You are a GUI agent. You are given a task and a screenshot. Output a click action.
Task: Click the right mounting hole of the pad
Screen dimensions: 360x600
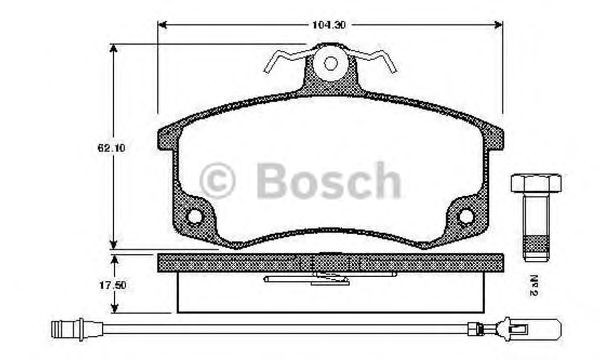[x=464, y=217]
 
